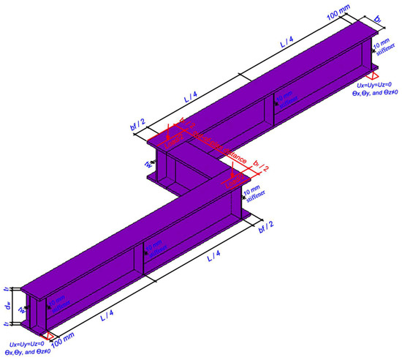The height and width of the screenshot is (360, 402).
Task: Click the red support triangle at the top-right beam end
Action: [373, 77]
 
